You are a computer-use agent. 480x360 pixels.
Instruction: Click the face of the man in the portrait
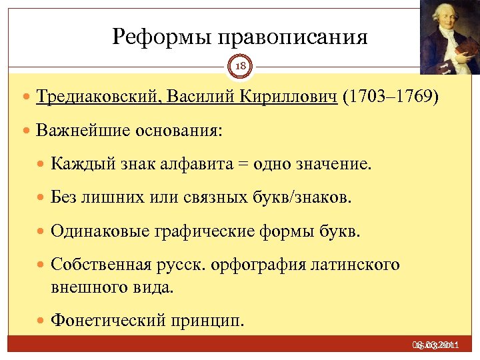point(445,20)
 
